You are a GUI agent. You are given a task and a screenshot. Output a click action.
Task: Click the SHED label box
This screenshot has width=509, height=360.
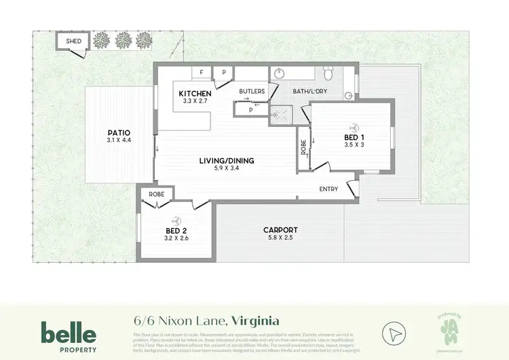(x=73, y=41)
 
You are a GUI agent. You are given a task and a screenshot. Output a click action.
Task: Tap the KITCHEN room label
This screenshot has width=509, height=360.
(x=195, y=94)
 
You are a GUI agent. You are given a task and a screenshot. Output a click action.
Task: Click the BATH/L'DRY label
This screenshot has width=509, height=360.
(x=309, y=90)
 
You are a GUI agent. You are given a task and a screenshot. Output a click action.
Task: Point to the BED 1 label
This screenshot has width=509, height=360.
(x=354, y=137)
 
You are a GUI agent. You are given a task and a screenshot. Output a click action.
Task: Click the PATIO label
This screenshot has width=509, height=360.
(x=118, y=132)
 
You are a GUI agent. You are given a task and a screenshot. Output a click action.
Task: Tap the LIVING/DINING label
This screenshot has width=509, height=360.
(x=226, y=161)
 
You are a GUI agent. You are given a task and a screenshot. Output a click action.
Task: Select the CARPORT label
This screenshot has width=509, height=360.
(x=280, y=230)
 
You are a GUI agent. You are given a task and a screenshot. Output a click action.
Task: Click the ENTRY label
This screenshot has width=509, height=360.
(x=328, y=190)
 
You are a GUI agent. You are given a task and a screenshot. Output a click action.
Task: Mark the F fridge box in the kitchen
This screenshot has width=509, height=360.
(x=202, y=72)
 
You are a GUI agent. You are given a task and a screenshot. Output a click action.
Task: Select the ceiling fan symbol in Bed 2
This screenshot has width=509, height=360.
(x=176, y=219)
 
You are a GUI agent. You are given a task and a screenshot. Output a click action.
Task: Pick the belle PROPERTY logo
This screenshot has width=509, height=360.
(x=69, y=336)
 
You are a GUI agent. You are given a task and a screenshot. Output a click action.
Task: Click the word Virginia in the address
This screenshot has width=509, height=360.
(x=255, y=320)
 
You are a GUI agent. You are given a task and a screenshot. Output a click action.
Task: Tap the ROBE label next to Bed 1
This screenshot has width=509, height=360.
(x=303, y=147)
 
